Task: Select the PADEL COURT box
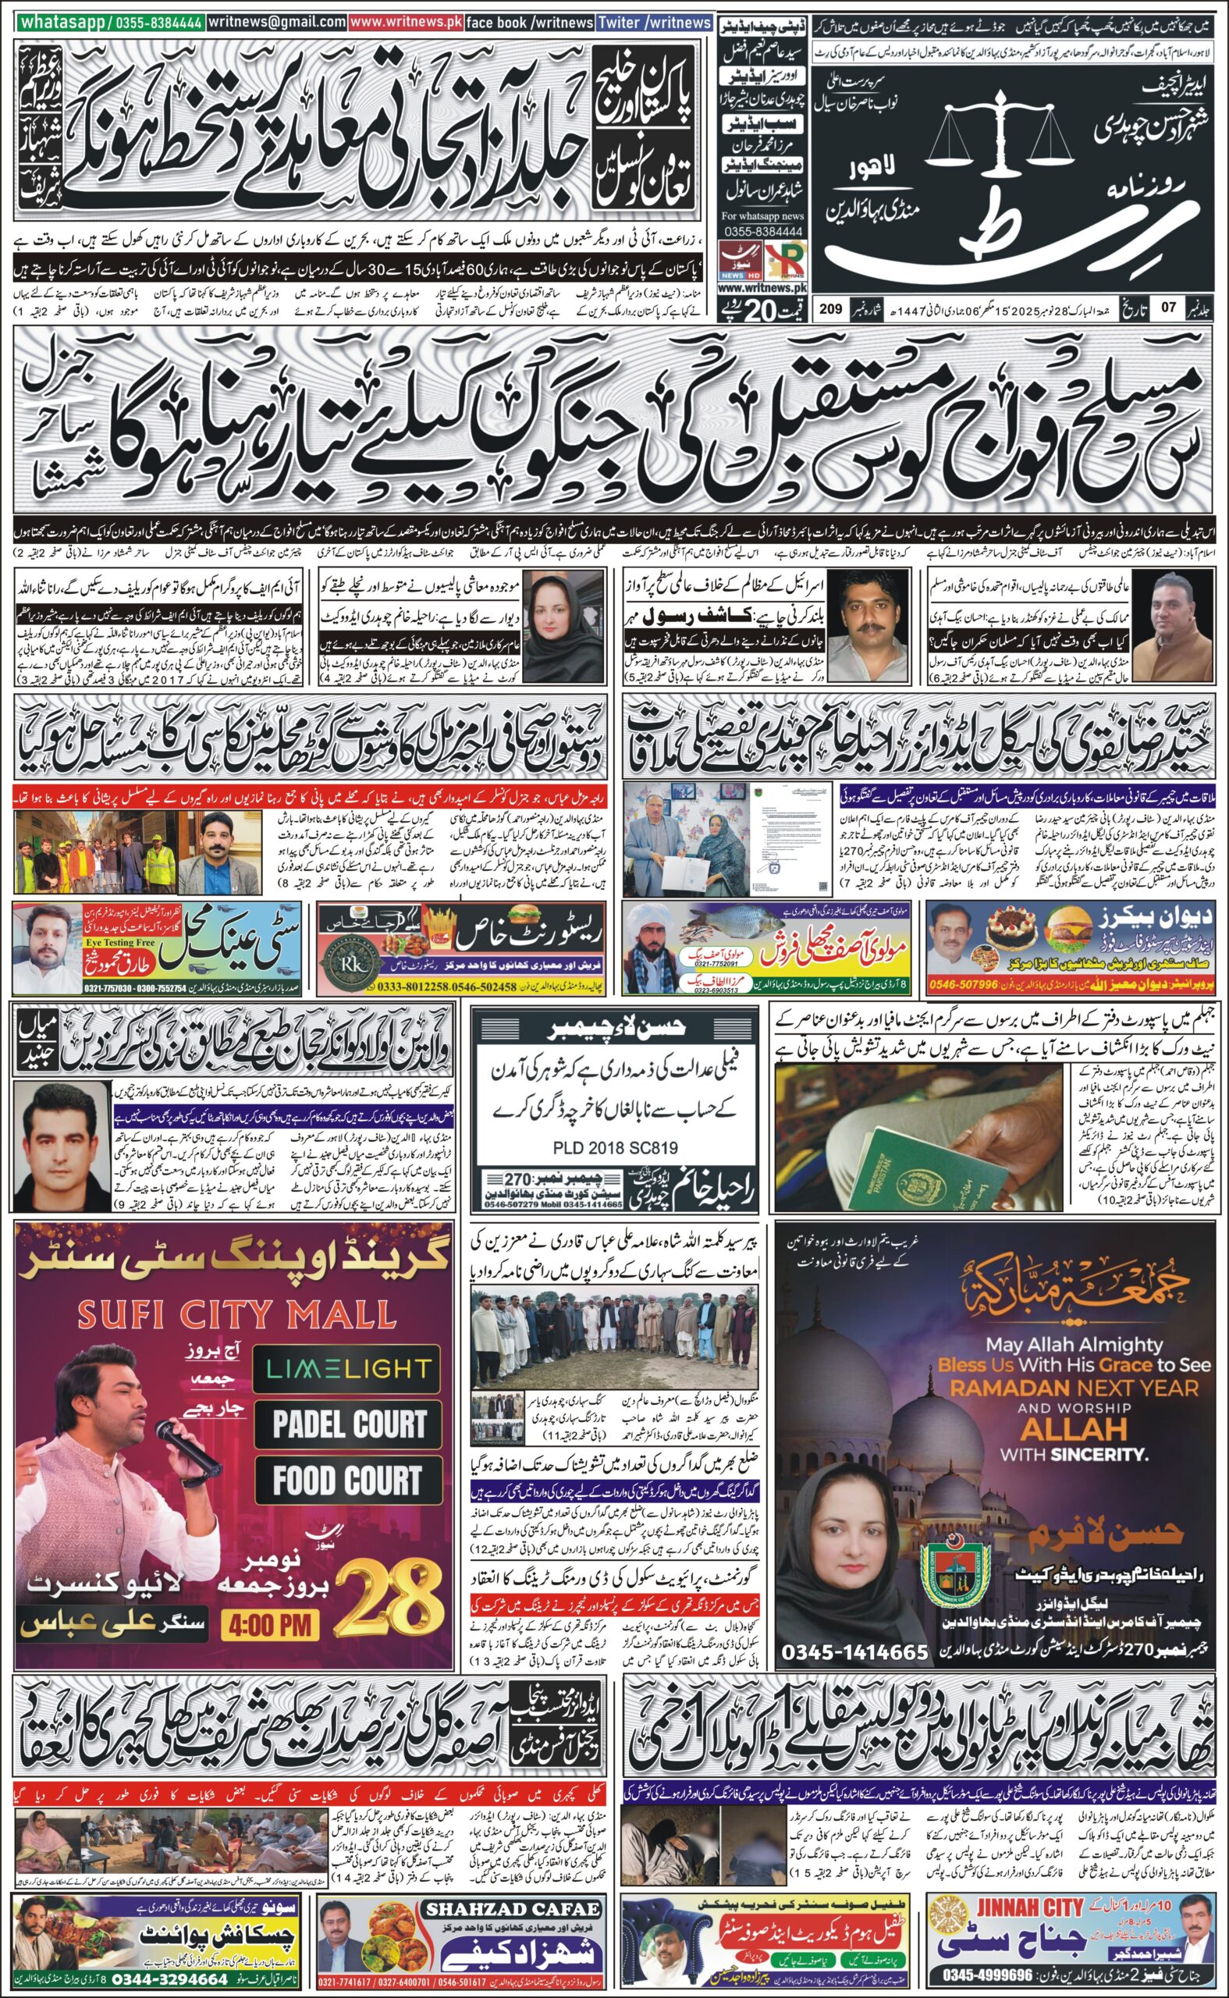(350, 1426)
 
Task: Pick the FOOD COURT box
(348, 1481)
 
